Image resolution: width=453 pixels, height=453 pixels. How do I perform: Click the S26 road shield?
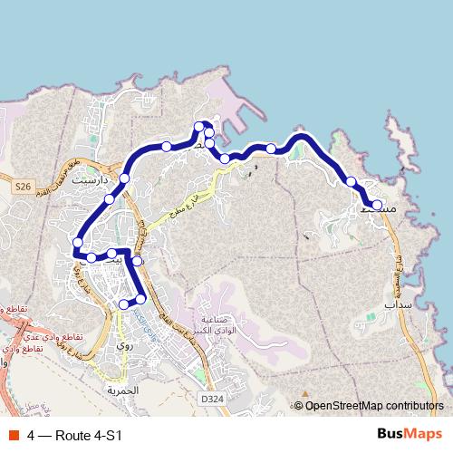[23, 186]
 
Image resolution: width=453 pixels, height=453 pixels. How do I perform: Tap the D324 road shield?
[212, 398]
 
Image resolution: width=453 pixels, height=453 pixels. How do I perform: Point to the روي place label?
[125, 346]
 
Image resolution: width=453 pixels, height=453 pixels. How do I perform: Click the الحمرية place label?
[124, 390]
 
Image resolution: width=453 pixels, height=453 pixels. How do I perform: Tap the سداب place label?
[398, 306]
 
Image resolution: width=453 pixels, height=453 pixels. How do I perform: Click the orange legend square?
[13, 435]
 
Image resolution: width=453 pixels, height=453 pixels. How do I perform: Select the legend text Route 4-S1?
[88, 435]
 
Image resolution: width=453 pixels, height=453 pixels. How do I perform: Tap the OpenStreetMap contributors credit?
[374, 406]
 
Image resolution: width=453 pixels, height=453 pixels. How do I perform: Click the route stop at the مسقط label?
[377, 205]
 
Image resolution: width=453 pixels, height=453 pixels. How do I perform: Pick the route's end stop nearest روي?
[124, 305]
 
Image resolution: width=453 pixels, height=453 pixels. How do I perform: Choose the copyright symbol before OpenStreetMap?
[299, 406]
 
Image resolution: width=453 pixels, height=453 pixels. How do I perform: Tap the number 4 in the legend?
[32, 435]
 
